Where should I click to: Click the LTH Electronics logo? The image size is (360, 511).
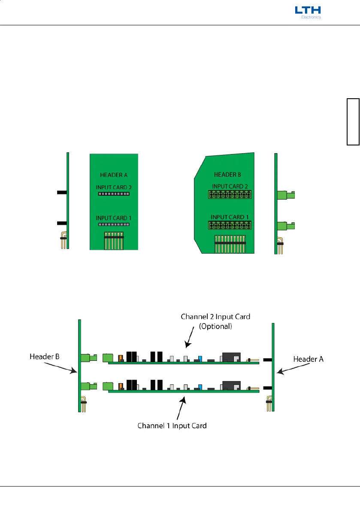[x=308, y=12]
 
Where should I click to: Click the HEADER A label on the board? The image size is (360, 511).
[x=114, y=175]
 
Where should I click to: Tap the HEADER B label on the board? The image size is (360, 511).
[x=228, y=175]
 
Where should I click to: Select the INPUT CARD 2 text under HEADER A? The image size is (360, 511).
[x=114, y=187]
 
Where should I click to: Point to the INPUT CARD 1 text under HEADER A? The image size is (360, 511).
[x=114, y=218]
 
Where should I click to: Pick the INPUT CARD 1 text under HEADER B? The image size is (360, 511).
[x=229, y=217]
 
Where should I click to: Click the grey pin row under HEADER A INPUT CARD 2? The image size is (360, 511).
[x=114, y=194]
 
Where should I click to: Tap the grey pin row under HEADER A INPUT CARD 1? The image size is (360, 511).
[x=114, y=224]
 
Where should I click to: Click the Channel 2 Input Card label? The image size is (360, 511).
[x=215, y=317]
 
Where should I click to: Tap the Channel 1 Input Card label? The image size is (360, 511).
[x=172, y=426]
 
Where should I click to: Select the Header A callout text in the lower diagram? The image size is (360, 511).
[x=309, y=359]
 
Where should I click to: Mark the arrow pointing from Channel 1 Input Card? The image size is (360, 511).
[x=183, y=406]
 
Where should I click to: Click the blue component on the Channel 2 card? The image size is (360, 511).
[x=200, y=359]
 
